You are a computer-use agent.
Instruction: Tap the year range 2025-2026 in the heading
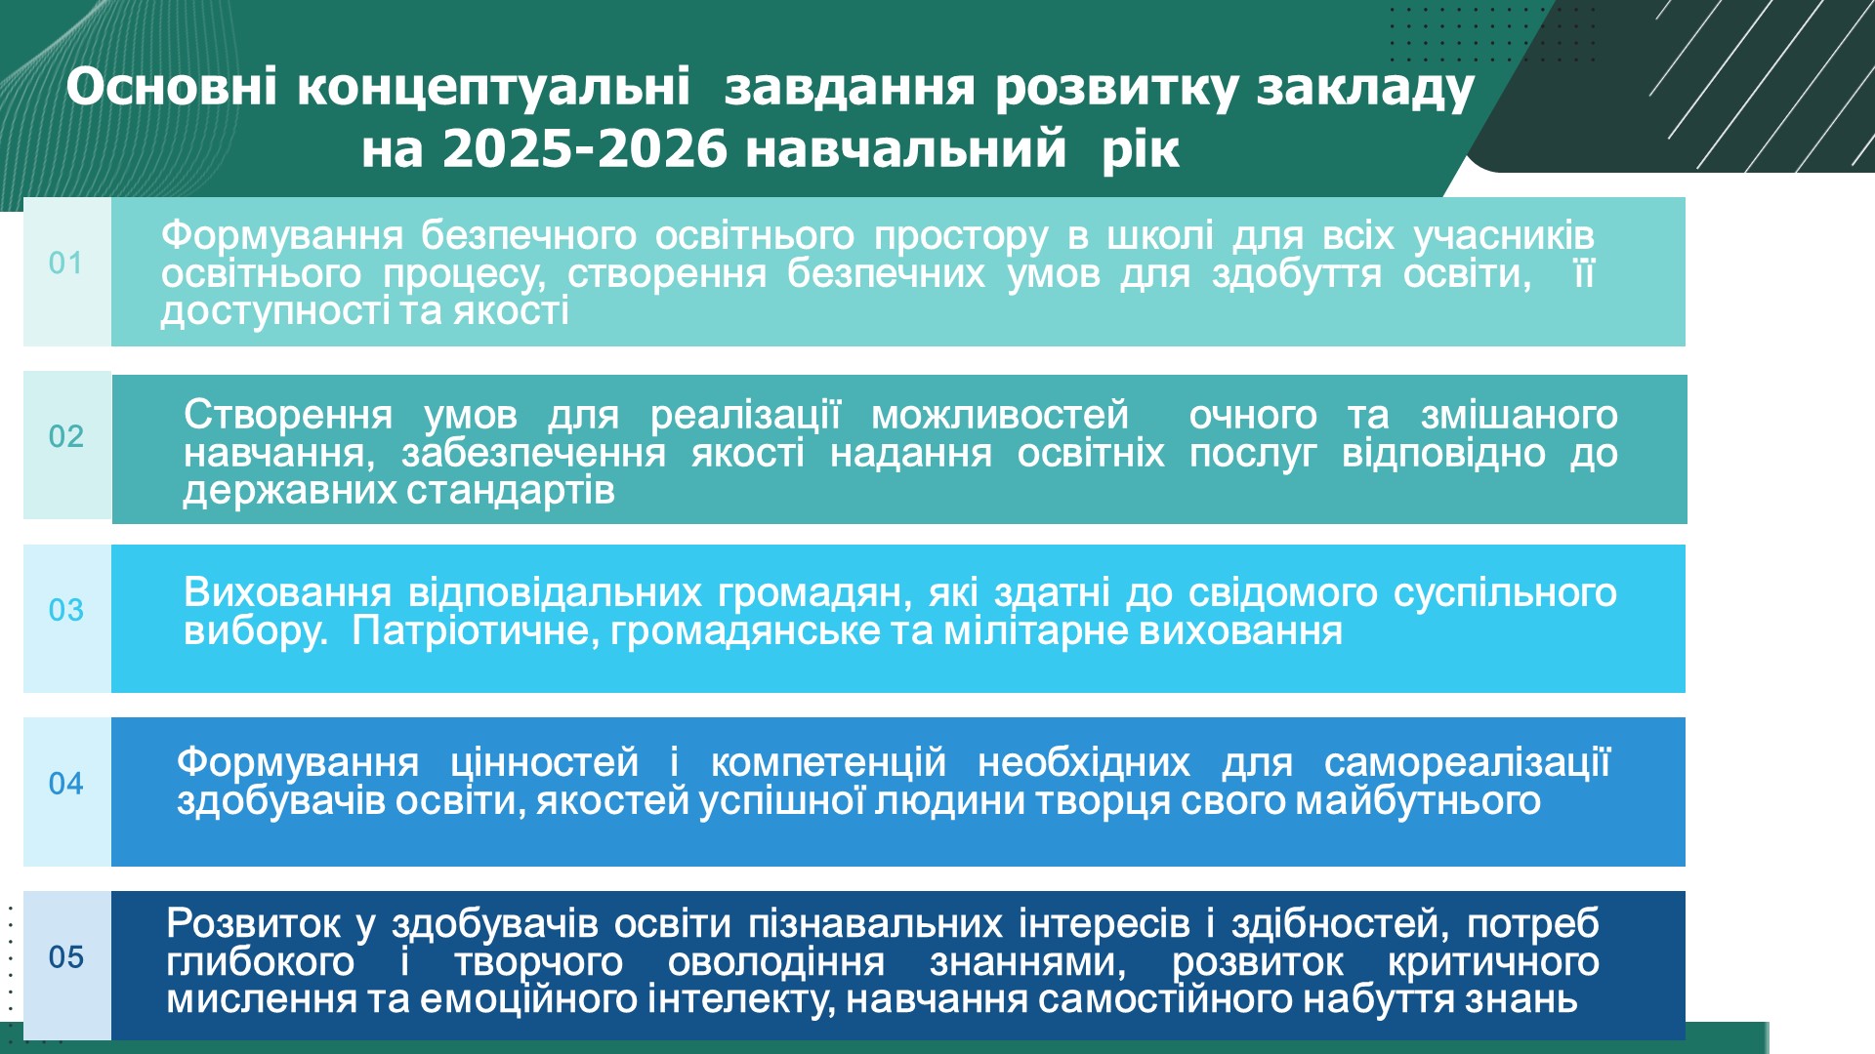tap(585, 149)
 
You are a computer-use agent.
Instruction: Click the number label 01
tap(65, 263)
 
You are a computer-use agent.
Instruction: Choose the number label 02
tap(65, 436)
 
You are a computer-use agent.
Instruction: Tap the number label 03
tap(65, 610)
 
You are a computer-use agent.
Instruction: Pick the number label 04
tap(65, 784)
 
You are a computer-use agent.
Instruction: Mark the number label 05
tap(65, 957)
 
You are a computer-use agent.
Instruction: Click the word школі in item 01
tap(1160, 236)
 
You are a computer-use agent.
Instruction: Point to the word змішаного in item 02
tap(1520, 416)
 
